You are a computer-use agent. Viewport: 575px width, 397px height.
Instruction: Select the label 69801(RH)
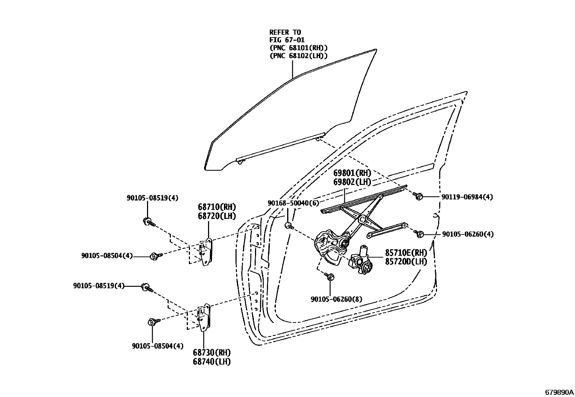click(x=352, y=173)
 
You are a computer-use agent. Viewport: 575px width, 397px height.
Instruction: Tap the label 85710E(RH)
click(x=406, y=253)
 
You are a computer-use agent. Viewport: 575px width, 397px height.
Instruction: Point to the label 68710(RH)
click(x=216, y=207)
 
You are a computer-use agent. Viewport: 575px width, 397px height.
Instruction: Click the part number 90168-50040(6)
click(x=293, y=203)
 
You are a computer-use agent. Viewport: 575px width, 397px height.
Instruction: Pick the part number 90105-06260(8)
click(x=336, y=299)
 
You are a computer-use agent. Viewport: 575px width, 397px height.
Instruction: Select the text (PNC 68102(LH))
click(x=298, y=56)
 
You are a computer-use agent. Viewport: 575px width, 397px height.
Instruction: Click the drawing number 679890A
click(x=559, y=392)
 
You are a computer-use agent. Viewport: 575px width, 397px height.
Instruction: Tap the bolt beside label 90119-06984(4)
click(x=419, y=197)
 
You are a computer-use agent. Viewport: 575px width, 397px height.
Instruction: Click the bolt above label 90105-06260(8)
click(x=331, y=277)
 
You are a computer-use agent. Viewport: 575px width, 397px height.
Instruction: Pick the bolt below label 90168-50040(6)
click(x=289, y=226)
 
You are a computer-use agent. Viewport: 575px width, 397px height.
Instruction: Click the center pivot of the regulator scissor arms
click(x=362, y=219)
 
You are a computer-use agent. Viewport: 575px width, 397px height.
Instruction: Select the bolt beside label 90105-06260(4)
click(x=419, y=234)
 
